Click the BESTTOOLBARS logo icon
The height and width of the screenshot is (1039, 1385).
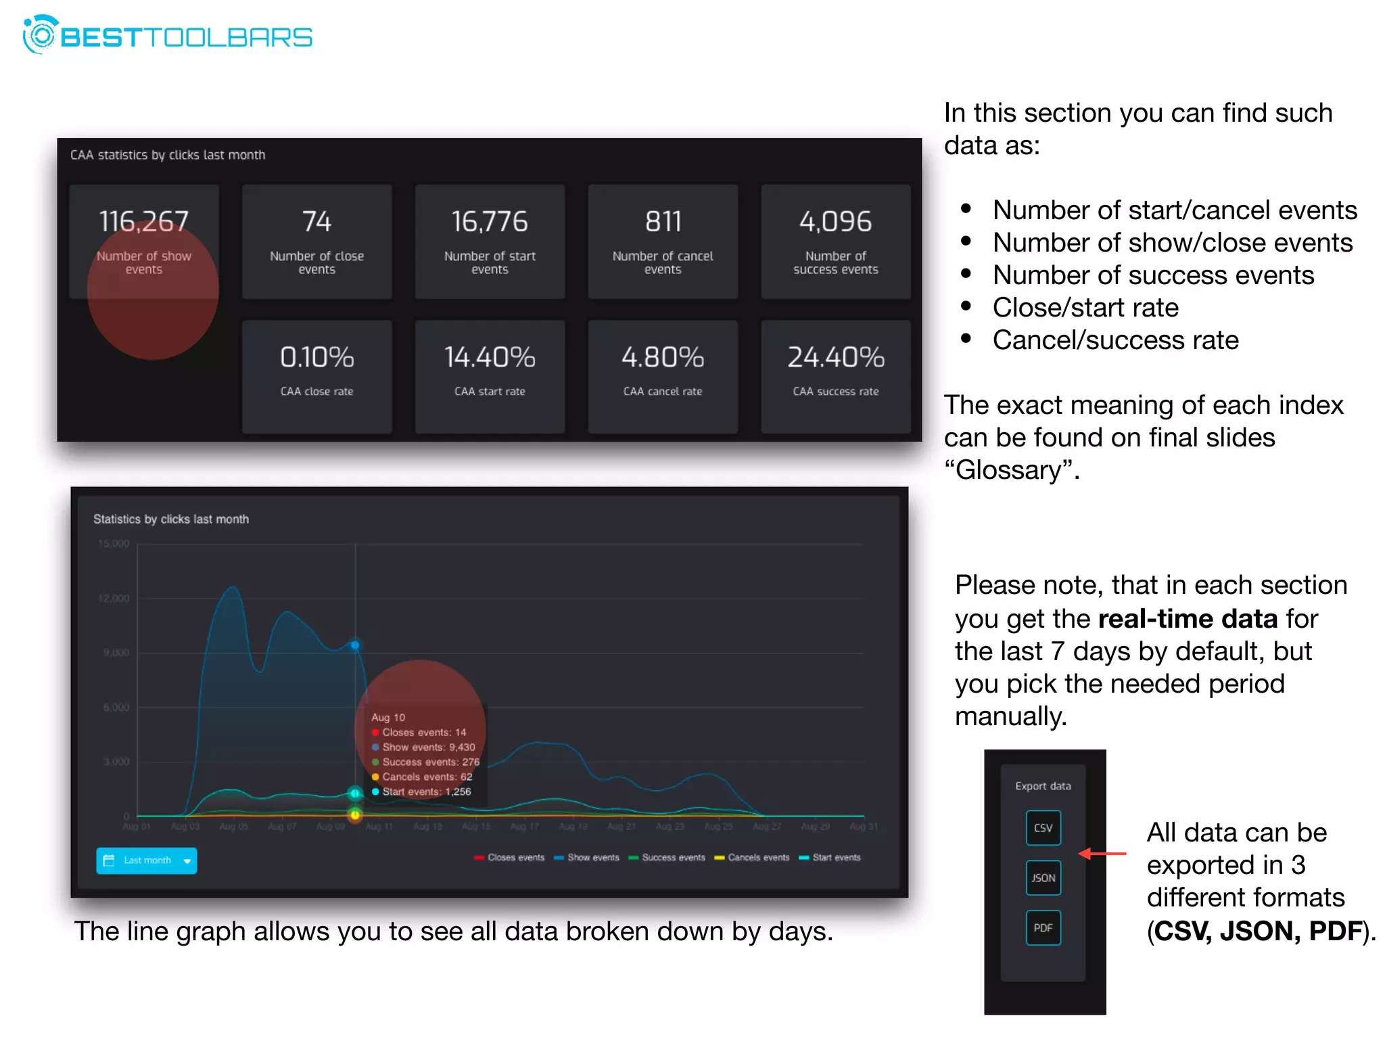40,35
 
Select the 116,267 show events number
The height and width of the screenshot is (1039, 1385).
143,222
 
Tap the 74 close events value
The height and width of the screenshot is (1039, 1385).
316,222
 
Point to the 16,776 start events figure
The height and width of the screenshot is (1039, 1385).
490,222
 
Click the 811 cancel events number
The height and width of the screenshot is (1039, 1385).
663,222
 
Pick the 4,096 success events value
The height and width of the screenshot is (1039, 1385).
836,222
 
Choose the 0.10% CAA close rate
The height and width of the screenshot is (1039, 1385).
316,357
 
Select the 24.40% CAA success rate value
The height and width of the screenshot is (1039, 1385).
836,357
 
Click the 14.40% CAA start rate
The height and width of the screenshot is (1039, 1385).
490,357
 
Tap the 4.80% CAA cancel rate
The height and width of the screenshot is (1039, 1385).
663,357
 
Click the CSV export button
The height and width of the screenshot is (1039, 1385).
1043,828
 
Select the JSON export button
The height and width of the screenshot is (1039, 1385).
1043,878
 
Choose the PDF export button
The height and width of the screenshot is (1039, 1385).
1043,928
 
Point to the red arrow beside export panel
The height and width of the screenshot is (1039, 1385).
1102,854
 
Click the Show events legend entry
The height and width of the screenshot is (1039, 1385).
586,858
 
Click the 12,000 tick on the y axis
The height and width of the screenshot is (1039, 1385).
114,599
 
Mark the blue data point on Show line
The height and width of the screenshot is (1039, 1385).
355,645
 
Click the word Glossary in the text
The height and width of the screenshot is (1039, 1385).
1011,470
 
